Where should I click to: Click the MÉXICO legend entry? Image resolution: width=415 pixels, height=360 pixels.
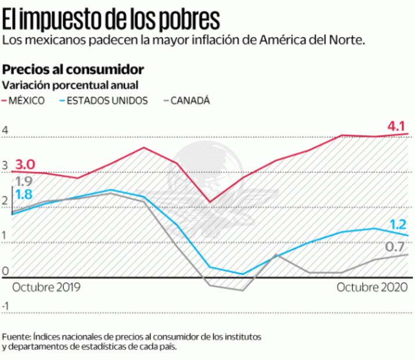coord(27,100)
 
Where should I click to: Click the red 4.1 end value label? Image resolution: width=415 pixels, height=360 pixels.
coord(396,125)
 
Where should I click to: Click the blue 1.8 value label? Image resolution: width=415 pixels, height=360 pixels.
coord(23,195)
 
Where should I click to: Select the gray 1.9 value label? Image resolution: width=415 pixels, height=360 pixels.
coord(23,181)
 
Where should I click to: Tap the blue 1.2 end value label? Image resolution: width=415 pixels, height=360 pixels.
coord(398,224)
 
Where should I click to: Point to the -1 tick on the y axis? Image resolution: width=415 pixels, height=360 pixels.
coord(6,306)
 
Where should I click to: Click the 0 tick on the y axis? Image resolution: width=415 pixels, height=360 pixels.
coord(5,271)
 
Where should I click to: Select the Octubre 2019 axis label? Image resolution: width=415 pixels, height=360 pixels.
coord(46,287)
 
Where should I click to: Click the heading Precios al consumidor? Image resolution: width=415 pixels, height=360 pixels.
coord(73,69)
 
